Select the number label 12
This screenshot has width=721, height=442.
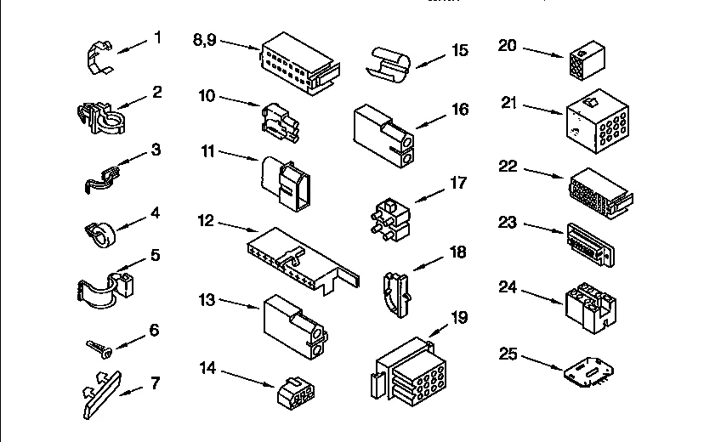[205, 222]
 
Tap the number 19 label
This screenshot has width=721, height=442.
[459, 319]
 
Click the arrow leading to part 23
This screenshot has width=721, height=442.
[542, 228]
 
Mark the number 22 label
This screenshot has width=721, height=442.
[508, 167]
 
